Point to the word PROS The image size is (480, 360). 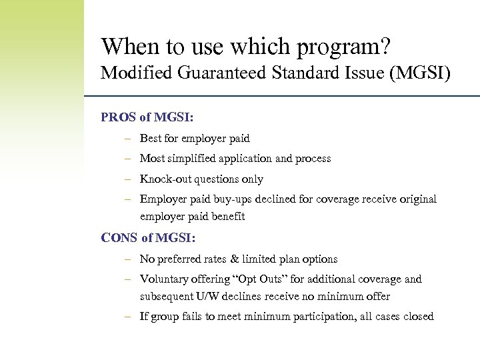119,117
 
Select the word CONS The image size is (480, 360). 119,237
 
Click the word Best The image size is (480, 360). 151,139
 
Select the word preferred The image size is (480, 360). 177,259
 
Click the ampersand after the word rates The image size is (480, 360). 237,259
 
